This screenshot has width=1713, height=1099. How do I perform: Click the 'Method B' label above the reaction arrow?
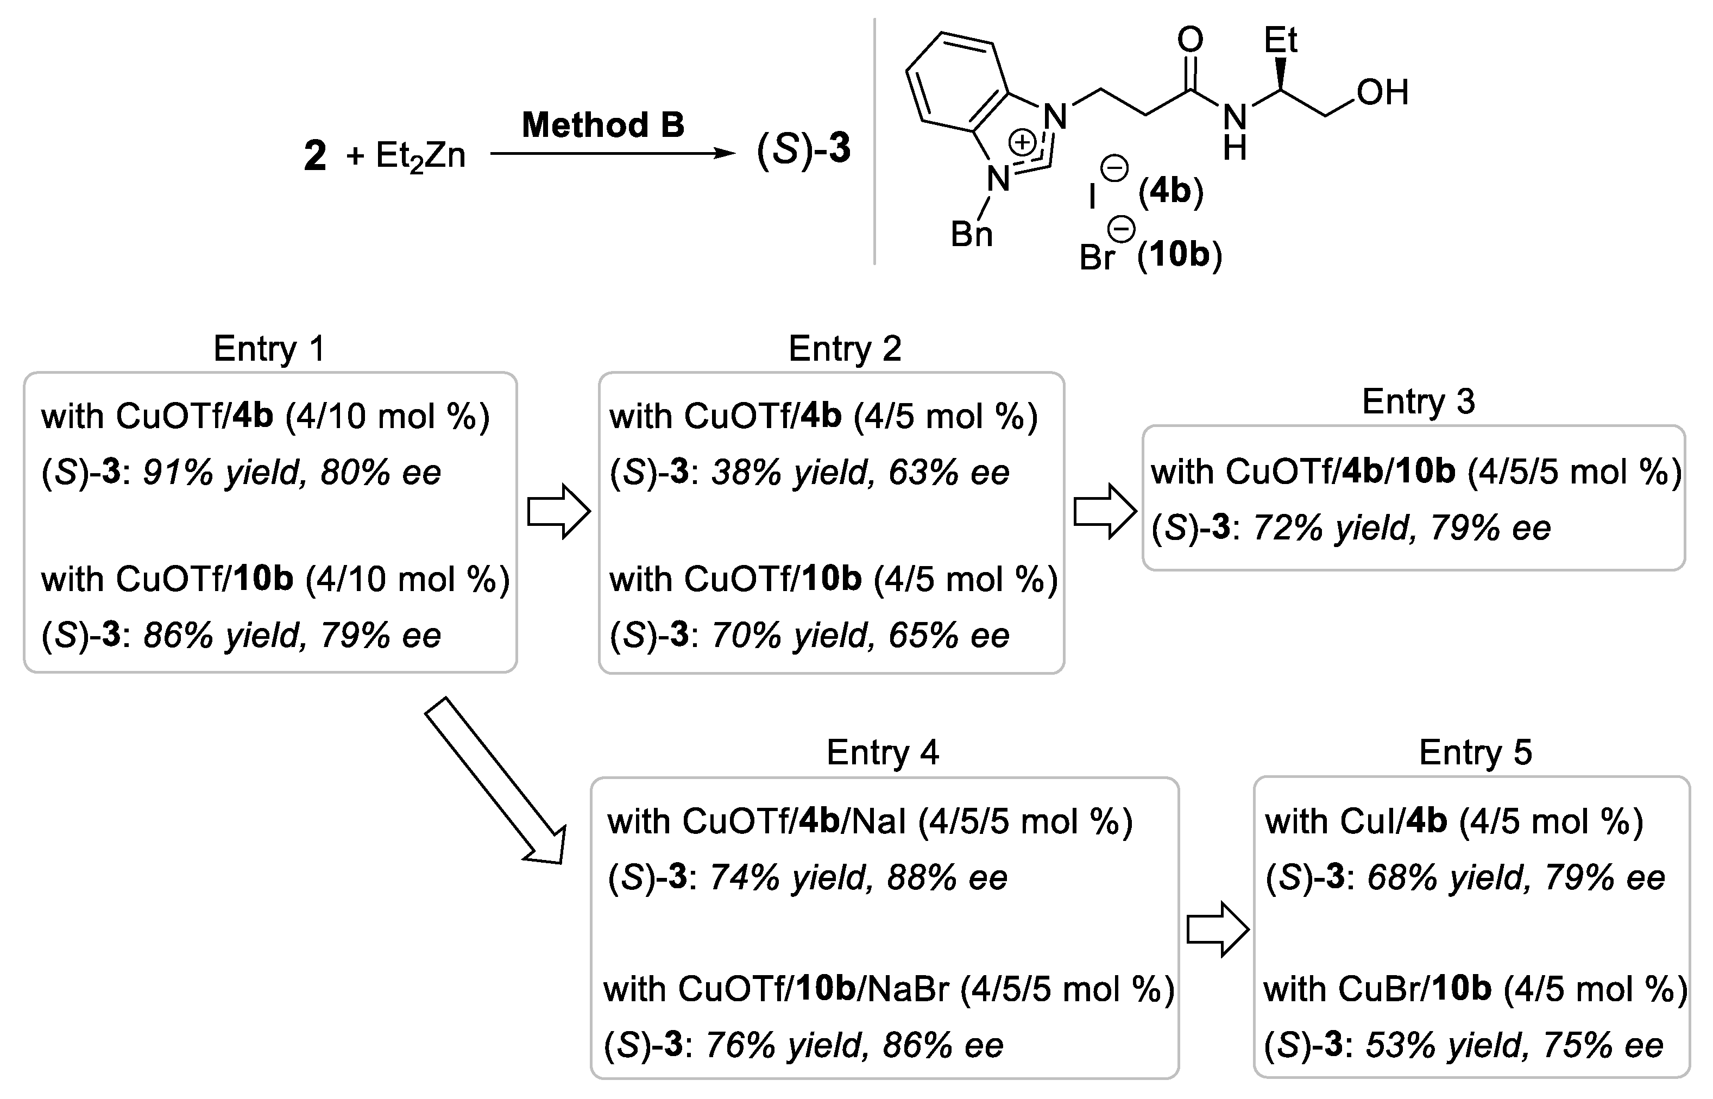click(603, 125)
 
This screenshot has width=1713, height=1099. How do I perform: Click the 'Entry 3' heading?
click(1418, 402)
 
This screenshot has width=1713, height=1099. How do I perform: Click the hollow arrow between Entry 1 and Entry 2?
click(558, 511)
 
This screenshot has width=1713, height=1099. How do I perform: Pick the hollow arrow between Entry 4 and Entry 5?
click(1217, 929)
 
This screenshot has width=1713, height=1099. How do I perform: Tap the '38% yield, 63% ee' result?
click(860, 473)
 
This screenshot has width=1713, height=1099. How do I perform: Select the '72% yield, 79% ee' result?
click(1401, 528)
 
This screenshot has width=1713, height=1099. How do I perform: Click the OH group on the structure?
click(1382, 93)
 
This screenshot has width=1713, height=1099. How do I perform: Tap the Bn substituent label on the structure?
click(971, 234)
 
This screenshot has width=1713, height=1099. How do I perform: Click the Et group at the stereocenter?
click(1280, 40)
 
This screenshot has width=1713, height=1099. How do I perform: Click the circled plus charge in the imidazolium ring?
click(1022, 142)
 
